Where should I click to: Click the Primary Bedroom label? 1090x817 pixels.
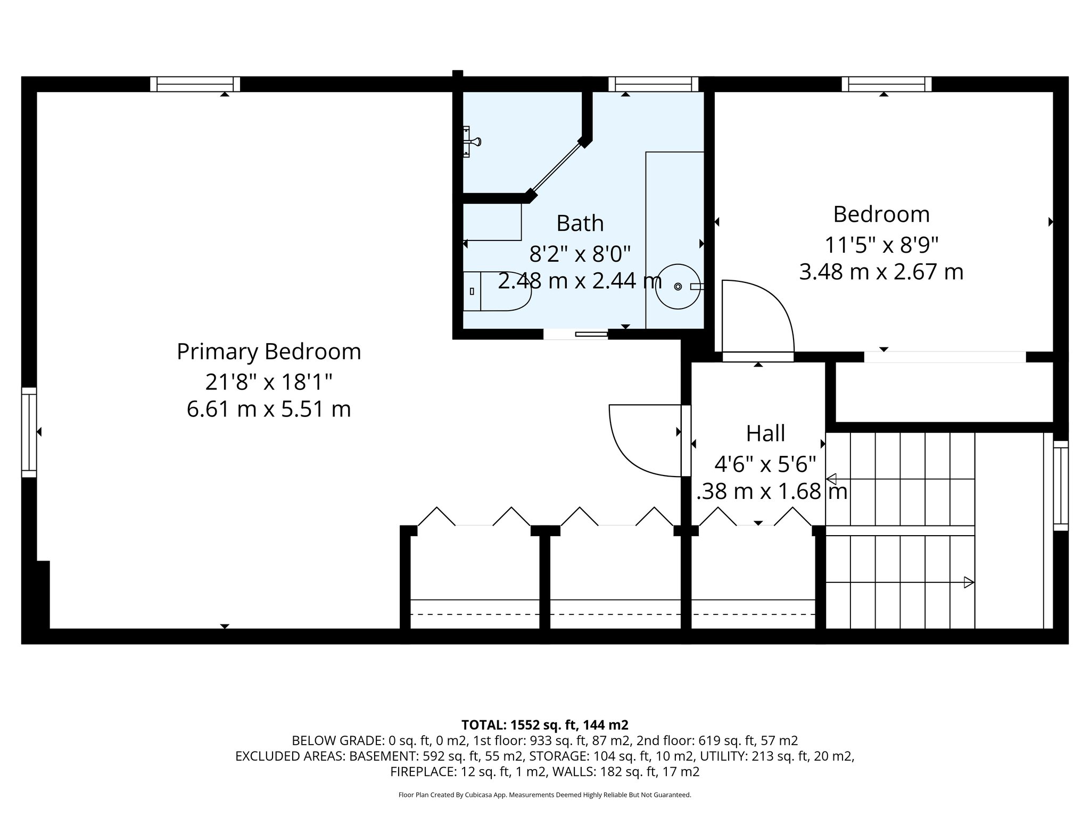tap(269, 352)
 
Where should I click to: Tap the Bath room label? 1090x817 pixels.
tap(580, 223)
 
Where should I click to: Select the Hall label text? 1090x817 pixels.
tap(765, 433)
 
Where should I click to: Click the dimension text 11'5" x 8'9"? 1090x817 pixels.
tap(881, 245)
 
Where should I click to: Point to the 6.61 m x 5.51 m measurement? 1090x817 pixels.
tap(269, 410)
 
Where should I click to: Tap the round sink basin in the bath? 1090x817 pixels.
tap(677, 286)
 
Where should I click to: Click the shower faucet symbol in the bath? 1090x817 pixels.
tap(472, 141)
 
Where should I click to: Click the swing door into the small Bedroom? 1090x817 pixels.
tap(756, 319)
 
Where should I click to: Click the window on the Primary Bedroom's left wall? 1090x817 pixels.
tap(29, 432)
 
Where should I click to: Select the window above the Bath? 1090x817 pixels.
tap(653, 84)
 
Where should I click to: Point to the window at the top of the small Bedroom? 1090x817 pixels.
tap(886, 84)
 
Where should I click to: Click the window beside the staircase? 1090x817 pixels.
tap(1060, 485)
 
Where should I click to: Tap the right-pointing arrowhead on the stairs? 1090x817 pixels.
tap(969, 582)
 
